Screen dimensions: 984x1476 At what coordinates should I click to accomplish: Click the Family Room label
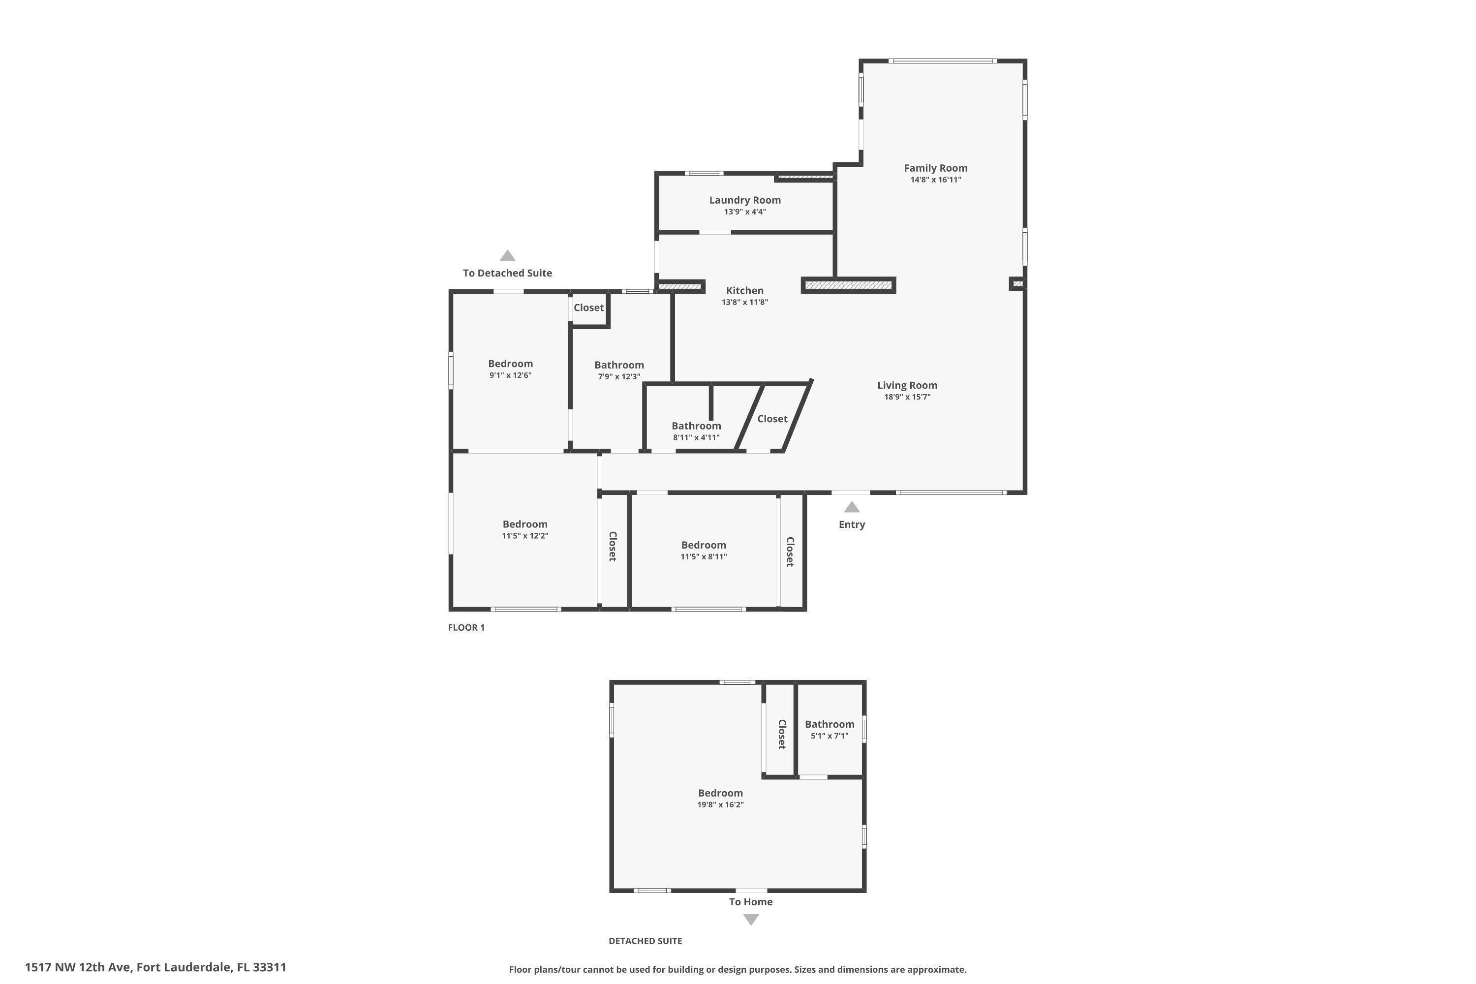click(x=935, y=168)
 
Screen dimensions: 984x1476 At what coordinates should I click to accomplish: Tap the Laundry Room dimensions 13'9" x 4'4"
click(x=745, y=212)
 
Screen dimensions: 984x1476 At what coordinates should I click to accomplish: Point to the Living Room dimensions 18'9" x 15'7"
click(x=907, y=397)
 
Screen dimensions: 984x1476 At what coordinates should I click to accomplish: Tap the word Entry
click(x=852, y=524)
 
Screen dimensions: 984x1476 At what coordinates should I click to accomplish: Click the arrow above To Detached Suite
click(x=507, y=255)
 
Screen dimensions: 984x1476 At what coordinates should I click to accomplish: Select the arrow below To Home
click(x=751, y=920)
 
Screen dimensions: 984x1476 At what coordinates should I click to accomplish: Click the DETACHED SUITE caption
click(x=645, y=941)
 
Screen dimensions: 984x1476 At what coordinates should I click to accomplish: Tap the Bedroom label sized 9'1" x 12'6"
click(x=510, y=364)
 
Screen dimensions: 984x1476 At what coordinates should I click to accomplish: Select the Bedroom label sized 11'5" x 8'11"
click(x=704, y=545)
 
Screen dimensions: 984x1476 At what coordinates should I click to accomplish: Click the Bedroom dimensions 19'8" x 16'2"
click(x=720, y=804)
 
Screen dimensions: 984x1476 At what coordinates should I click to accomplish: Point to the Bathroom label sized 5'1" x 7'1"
click(x=829, y=724)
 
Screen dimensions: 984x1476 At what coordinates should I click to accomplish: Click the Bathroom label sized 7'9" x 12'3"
click(x=619, y=365)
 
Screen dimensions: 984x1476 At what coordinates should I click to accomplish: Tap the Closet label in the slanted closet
click(x=772, y=419)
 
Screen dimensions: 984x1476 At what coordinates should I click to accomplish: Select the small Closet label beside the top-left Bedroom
click(x=588, y=307)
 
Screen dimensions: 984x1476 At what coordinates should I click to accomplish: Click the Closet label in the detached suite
click(x=782, y=734)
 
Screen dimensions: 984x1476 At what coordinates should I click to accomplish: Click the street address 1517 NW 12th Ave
click(x=155, y=967)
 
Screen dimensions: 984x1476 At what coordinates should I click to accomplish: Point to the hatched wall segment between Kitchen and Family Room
click(x=848, y=285)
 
